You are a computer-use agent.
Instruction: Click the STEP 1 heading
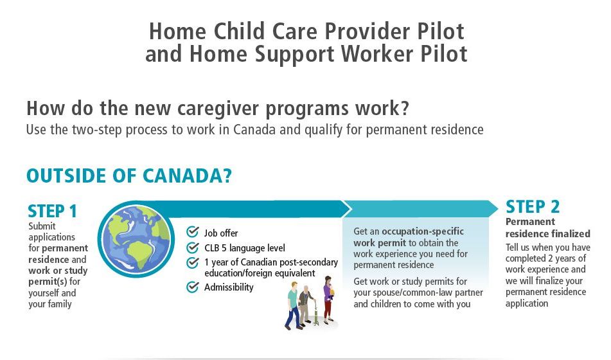tap(52, 211)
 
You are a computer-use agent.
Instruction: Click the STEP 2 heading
tap(532, 207)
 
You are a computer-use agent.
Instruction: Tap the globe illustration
tap(136, 239)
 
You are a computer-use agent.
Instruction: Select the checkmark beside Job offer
tap(193, 231)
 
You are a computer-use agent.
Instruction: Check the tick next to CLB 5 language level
tap(193, 248)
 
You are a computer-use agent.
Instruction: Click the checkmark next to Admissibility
tap(193, 287)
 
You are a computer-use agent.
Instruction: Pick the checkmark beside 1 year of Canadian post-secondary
tap(193, 262)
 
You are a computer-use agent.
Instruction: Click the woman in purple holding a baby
tap(328, 299)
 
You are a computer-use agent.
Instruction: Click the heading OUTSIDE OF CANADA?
tap(129, 176)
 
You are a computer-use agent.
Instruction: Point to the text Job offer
tap(221, 233)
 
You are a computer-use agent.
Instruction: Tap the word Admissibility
tap(229, 287)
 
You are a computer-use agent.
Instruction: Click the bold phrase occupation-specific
tap(423, 231)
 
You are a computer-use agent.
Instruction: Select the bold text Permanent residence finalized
tap(548, 228)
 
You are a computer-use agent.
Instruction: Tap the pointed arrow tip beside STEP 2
tap(498, 209)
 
